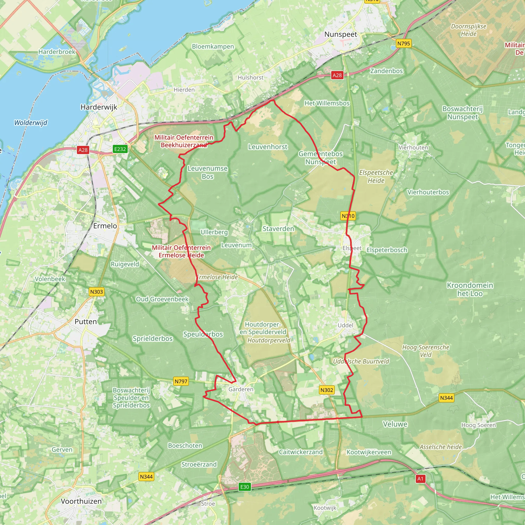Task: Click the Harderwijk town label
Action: pyautogui.click(x=99, y=107)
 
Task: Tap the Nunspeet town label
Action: pyautogui.click(x=340, y=34)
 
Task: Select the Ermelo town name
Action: pyautogui.click(x=105, y=226)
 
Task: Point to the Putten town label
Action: pyautogui.click(x=86, y=321)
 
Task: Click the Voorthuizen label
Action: pyautogui.click(x=81, y=501)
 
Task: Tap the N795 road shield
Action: pyautogui.click(x=403, y=44)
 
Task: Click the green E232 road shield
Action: pyautogui.click(x=120, y=149)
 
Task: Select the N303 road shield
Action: pyautogui.click(x=96, y=292)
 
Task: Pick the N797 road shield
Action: pyautogui.click(x=181, y=381)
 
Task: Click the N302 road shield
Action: pyautogui.click(x=327, y=390)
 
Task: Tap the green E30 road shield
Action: pyautogui.click(x=245, y=487)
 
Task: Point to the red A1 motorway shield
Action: pyautogui.click(x=420, y=479)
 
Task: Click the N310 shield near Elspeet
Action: pyautogui.click(x=348, y=216)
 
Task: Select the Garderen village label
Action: pyautogui.click(x=241, y=389)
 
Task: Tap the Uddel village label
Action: pyautogui.click(x=345, y=325)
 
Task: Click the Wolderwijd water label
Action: pyautogui.click(x=31, y=123)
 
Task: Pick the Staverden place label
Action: pyautogui.click(x=278, y=229)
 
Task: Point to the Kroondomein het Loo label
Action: pyautogui.click(x=470, y=289)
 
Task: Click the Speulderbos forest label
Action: pyautogui.click(x=203, y=334)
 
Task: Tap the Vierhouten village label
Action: pyautogui.click(x=413, y=147)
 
